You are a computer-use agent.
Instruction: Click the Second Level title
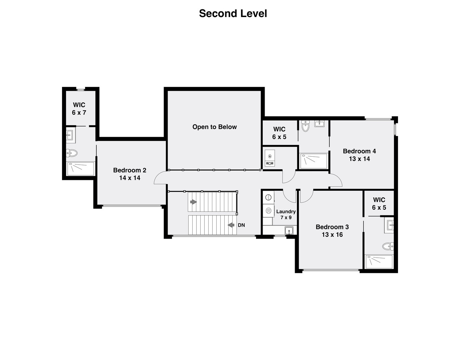[x=233, y=14]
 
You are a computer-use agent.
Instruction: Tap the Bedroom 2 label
[x=130, y=174]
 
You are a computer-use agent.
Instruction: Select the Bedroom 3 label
[x=332, y=231]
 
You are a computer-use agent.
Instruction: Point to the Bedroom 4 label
[x=359, y=155]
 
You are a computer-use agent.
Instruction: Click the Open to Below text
[x=214, y=127]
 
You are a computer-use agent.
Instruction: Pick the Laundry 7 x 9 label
[x=286, y=214]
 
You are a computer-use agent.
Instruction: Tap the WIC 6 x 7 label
[x=79, y=109]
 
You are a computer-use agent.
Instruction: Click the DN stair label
[x=241, y=225]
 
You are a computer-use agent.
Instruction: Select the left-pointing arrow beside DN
[x=231, y=225]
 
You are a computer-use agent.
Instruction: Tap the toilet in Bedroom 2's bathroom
[x=72, y=153]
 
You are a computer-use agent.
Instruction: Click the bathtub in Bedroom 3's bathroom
[x=380, y=262]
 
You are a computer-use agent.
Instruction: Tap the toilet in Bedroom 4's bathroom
[x=305, y=126]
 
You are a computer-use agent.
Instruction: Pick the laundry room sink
[x=289, y=230]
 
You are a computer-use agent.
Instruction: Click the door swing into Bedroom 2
[x=160, y=177]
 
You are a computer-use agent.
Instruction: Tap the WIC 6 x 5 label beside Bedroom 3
[x=379, y=204]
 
